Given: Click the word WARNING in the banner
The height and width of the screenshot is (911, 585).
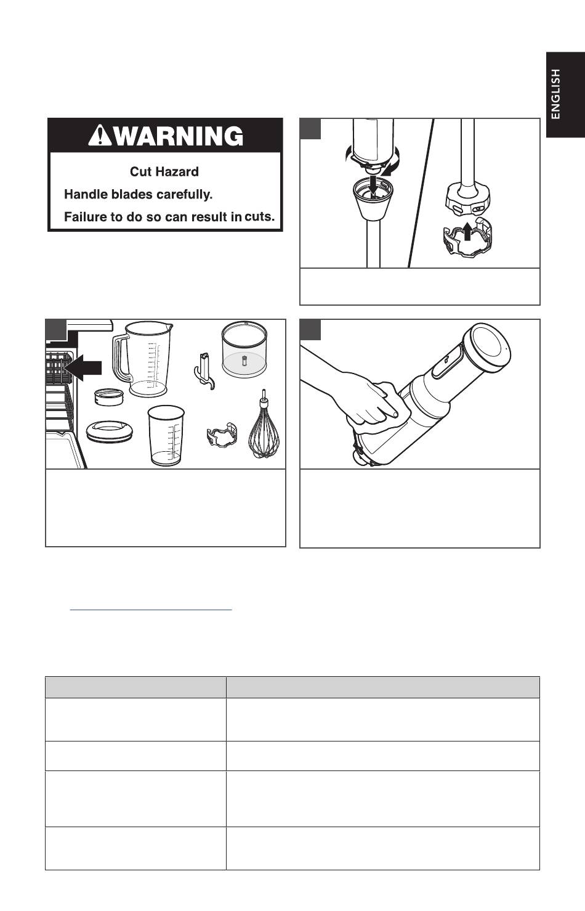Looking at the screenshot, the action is [179, 136].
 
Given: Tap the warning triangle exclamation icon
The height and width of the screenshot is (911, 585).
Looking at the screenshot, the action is [100, 136].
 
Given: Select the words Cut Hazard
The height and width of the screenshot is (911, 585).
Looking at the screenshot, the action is [164, 171].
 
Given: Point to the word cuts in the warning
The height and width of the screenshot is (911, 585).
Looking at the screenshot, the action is [259, 216].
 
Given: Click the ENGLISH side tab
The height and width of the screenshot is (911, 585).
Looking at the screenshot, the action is [565, 95].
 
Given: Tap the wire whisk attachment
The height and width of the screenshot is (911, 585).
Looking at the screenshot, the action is [264, 424].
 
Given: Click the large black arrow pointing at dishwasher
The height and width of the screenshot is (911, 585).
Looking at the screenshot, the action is [83, 367].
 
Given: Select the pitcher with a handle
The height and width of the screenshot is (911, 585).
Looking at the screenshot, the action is [142, 359].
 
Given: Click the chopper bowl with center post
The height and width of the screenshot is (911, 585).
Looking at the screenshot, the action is [244, 349].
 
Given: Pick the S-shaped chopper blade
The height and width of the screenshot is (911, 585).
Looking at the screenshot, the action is [204, 371].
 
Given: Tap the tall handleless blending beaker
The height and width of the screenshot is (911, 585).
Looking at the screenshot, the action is [166, 435].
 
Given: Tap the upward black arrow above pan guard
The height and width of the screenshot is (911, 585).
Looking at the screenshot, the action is [467, 231].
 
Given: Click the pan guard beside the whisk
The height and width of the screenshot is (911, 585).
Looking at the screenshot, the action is [222, 435].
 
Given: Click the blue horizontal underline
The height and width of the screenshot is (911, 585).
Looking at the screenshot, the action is [151, 610].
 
